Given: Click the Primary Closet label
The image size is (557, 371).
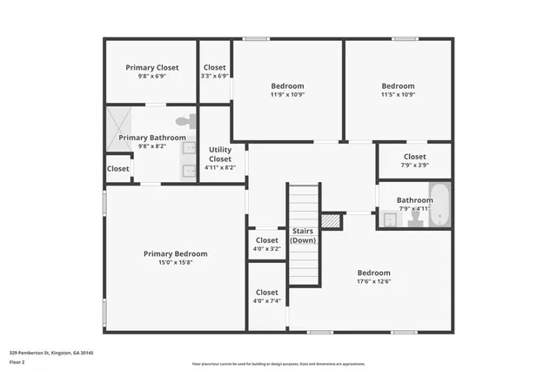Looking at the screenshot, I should (151, 68).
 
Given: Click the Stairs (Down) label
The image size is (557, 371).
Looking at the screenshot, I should (303, 235).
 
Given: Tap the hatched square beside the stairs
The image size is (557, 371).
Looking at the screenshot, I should (331, 221).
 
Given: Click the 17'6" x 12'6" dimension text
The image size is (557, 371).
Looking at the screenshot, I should (373, 281).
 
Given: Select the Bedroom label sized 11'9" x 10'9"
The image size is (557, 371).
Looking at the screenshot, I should (287, 86).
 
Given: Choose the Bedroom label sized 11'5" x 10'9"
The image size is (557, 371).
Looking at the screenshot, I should (398, 86).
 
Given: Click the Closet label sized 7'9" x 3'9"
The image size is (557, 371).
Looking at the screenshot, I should (414, 157).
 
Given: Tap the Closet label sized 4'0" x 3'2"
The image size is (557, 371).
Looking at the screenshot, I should (266, 240).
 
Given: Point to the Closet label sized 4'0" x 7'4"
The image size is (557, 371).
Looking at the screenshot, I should (266, 293).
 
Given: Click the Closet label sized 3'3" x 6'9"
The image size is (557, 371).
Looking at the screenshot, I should (214, 68).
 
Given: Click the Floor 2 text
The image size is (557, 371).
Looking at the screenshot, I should (18, 361).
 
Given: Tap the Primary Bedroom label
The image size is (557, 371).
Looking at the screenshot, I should (175, 254).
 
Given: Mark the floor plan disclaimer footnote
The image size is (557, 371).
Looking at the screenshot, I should (278, 362).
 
